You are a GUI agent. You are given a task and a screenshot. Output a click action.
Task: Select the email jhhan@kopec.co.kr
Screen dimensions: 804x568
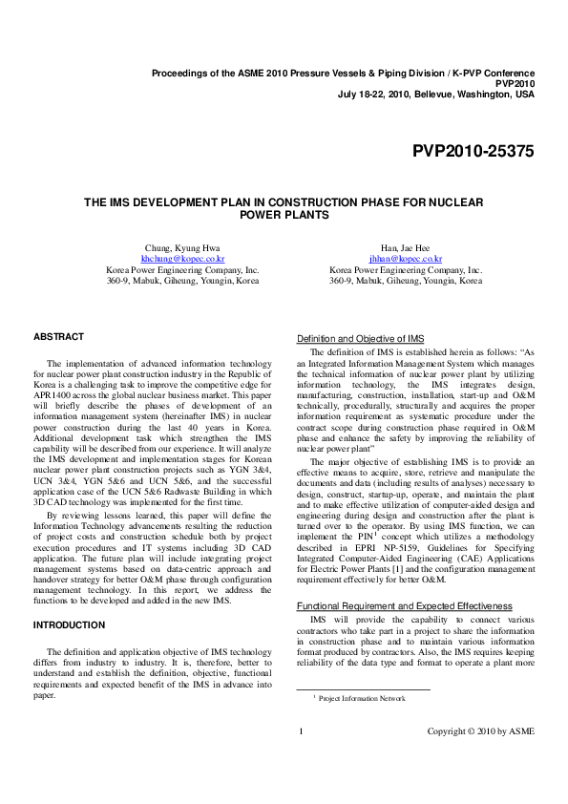[406, 258]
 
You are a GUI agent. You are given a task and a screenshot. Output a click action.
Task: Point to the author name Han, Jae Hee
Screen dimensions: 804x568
[406, 246]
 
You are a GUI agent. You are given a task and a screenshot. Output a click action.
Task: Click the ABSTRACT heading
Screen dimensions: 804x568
[59, 336]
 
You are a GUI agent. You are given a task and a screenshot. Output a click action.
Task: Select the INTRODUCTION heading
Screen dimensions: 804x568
[69, 624]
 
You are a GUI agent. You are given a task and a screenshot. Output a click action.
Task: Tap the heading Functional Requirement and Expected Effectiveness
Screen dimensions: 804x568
[405, 606]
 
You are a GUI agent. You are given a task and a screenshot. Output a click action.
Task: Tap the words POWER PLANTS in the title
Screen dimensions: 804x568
[284, 215]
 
